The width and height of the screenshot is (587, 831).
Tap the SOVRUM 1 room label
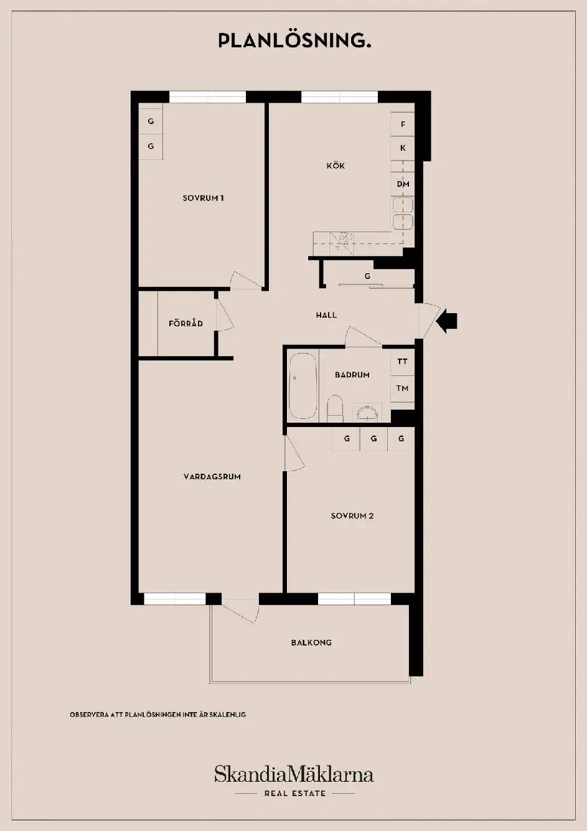click(203, 198)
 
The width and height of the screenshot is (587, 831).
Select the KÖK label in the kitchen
click(336, 165)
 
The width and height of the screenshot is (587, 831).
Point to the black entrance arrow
click(446, 321)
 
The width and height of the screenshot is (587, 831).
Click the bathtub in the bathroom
click(303, 386)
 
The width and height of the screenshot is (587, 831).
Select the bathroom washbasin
click(367, 413)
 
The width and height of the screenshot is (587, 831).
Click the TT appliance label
click(402, 361)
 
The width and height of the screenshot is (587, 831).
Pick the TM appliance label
click(402, 388)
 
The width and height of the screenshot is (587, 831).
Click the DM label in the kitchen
click(403, 184)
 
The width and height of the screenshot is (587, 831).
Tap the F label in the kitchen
click(403, 124)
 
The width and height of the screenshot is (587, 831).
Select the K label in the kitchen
click(403, 148)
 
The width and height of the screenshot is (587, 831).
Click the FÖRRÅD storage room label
click(185, 323)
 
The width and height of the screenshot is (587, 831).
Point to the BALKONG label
click(311, 642)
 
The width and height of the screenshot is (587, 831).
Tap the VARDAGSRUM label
click(212, 477)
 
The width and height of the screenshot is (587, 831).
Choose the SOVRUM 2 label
click(352, 516)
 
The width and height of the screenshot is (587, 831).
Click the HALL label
click(327, 316)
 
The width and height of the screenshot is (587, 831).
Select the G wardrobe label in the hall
click(367, 276)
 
